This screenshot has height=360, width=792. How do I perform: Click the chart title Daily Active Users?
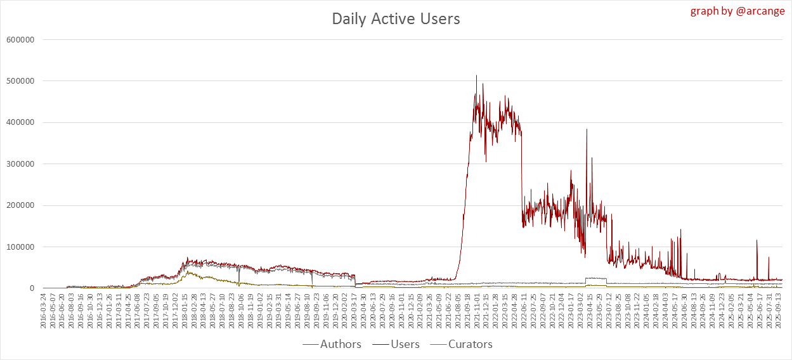[x=396, y=19]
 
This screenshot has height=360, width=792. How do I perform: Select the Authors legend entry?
[x=341, y=344]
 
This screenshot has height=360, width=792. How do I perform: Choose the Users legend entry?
[x=405, y=344]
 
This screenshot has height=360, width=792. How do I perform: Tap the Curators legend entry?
[x=470, y=344]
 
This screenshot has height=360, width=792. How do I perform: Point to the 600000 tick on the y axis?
[x=20, y=39]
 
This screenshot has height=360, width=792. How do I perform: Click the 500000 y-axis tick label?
[x=20, y=81]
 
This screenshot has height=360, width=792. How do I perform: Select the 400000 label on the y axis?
[x=20, y=122]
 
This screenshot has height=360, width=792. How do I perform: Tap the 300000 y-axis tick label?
[x=20, y=164]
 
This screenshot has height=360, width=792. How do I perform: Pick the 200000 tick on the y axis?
[x=20, y=205]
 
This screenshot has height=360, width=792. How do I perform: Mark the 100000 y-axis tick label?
[x=20, y=247]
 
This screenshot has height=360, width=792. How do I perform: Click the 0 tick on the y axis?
[x=30, y=288]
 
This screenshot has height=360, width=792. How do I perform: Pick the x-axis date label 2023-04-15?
[x=588, y=311]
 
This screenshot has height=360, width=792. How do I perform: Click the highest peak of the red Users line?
[x=476, y=75]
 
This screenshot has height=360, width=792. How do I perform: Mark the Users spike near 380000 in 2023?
[x=587, y=129]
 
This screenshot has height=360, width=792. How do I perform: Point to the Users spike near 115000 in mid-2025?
[x=756, y=240]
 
